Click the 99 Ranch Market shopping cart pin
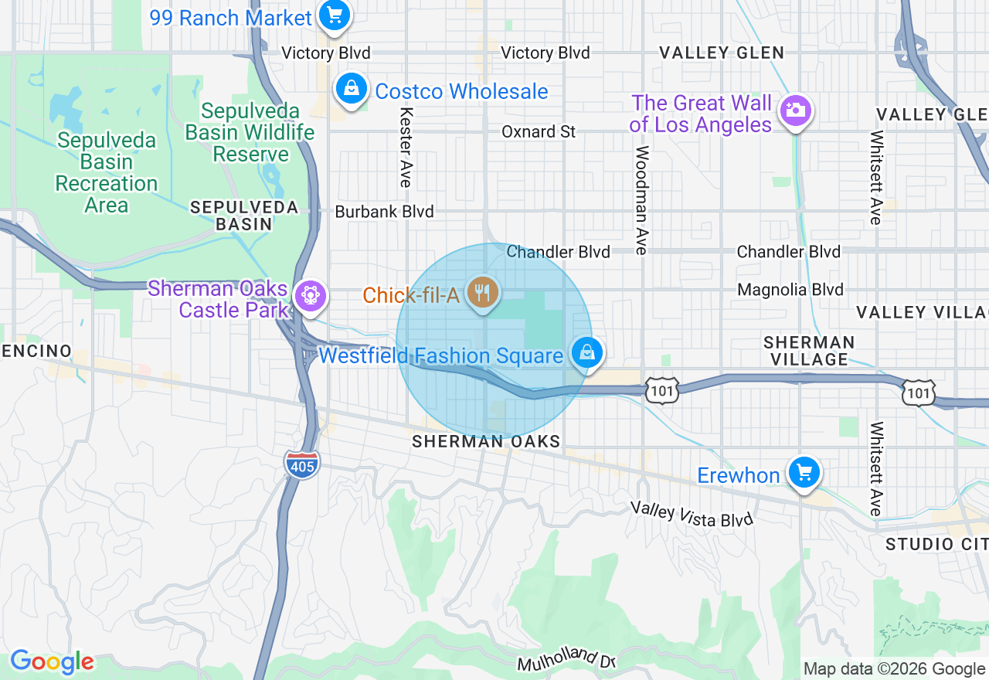[335, 15]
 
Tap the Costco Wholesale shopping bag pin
[352, 89]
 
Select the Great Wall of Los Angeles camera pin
[794, 111]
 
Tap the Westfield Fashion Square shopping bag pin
[587, 353]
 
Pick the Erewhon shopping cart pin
[804, 471]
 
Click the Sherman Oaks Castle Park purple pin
[311, 296]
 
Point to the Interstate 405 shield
[301, 464]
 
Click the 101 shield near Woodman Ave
[662, 391]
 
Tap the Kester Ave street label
[405, 147]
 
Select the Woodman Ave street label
[641, 200]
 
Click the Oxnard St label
[539, 131]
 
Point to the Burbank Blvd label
[384, 211]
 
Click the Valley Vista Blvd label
[691, 514]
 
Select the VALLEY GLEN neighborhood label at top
[721, 53]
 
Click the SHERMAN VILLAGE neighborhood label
[808, 350]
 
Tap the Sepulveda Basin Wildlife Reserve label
[250, 133]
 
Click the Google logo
[52, 661]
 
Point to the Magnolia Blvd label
[790, 290]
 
